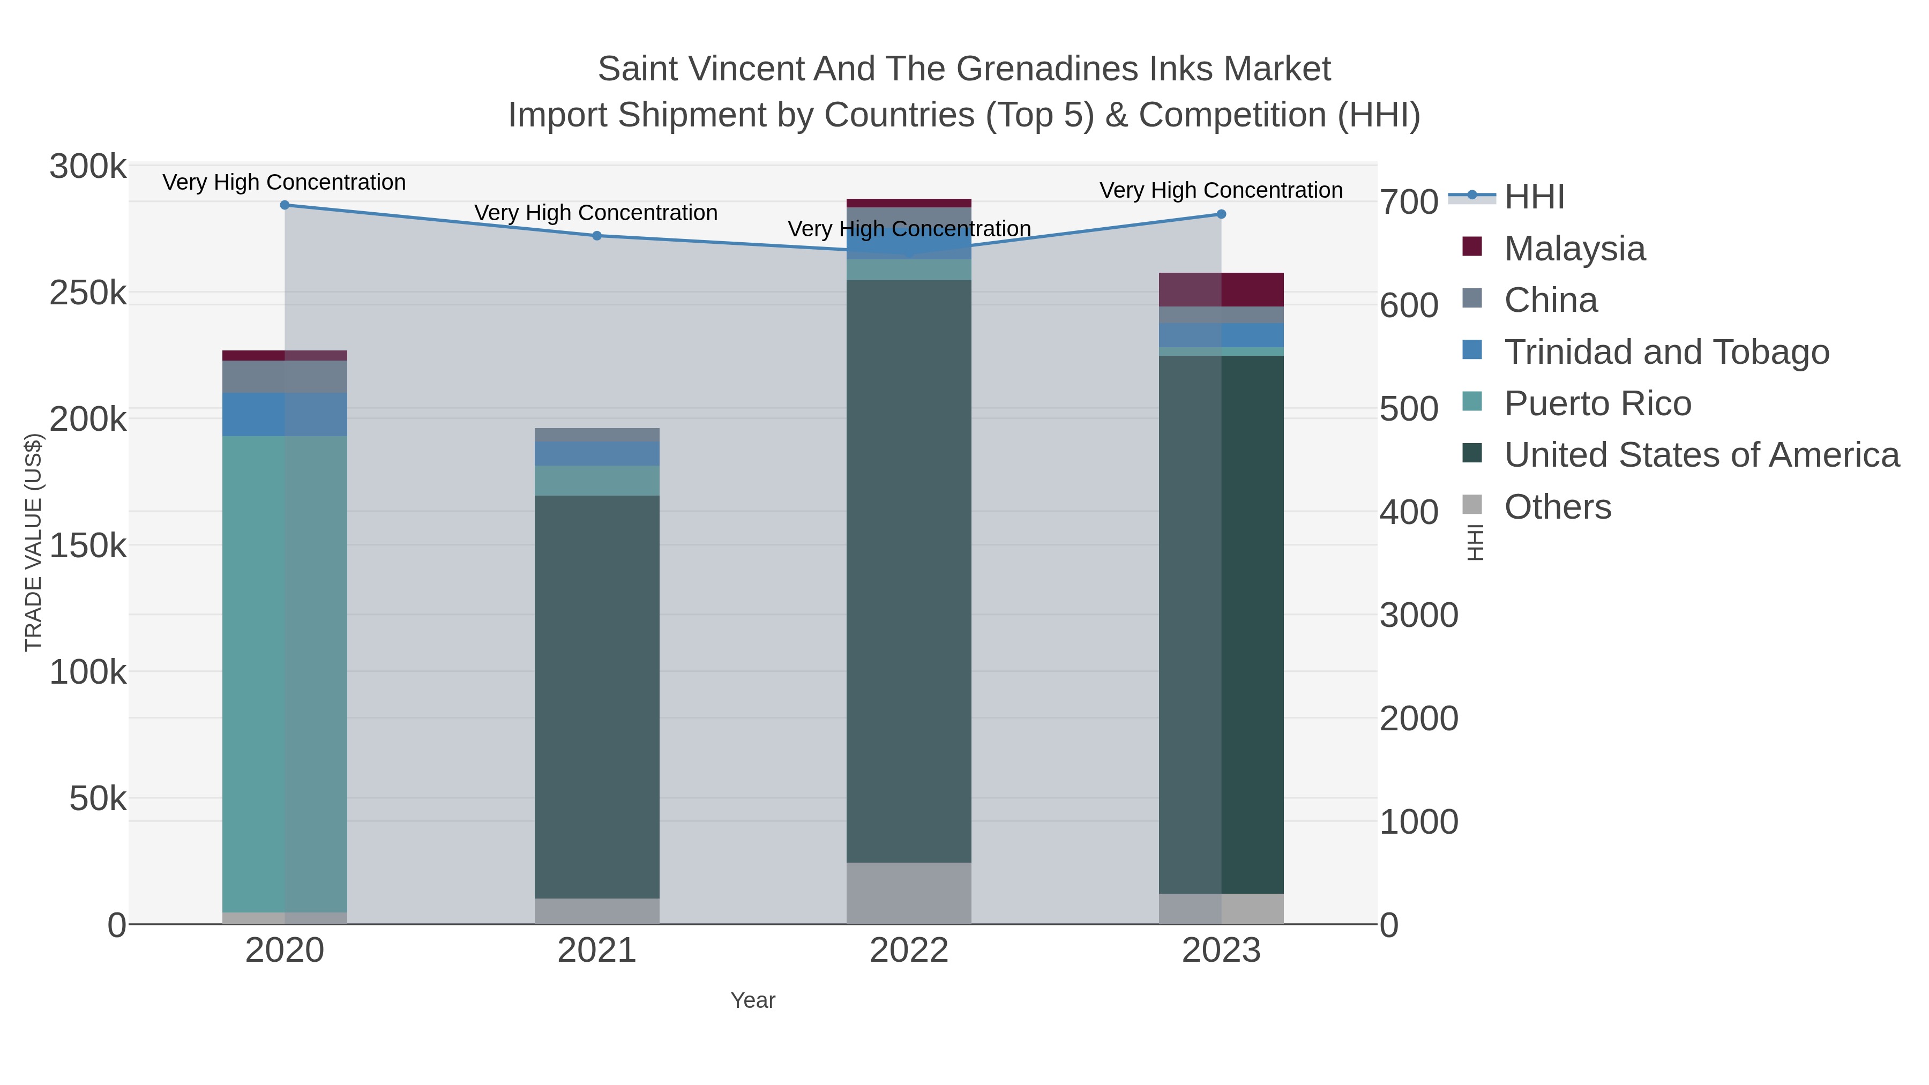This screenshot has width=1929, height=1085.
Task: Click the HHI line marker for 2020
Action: (285, 205)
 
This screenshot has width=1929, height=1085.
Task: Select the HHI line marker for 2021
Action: (597, 236)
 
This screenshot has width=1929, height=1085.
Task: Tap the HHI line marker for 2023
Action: (1221, 214)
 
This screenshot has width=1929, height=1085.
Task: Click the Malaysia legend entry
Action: (1574, 249)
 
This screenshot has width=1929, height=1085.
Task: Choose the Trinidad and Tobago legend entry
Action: (1666, 352)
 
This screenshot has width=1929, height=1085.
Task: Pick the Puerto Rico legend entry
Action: (1597, 403)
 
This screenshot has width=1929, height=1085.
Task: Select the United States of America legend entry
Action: (1701, 455)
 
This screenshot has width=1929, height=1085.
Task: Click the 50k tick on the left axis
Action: (98, 799)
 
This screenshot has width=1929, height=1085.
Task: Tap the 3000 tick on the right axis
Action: (1418, 616)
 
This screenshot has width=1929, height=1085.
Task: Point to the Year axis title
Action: (753, 1000)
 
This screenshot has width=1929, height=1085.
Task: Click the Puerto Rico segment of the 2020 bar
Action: (285, 674)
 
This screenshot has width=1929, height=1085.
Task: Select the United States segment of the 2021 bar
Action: (597, 697)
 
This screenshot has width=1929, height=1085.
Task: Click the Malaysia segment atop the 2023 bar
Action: (1221, 290)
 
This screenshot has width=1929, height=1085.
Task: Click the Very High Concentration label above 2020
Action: (285, 183)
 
